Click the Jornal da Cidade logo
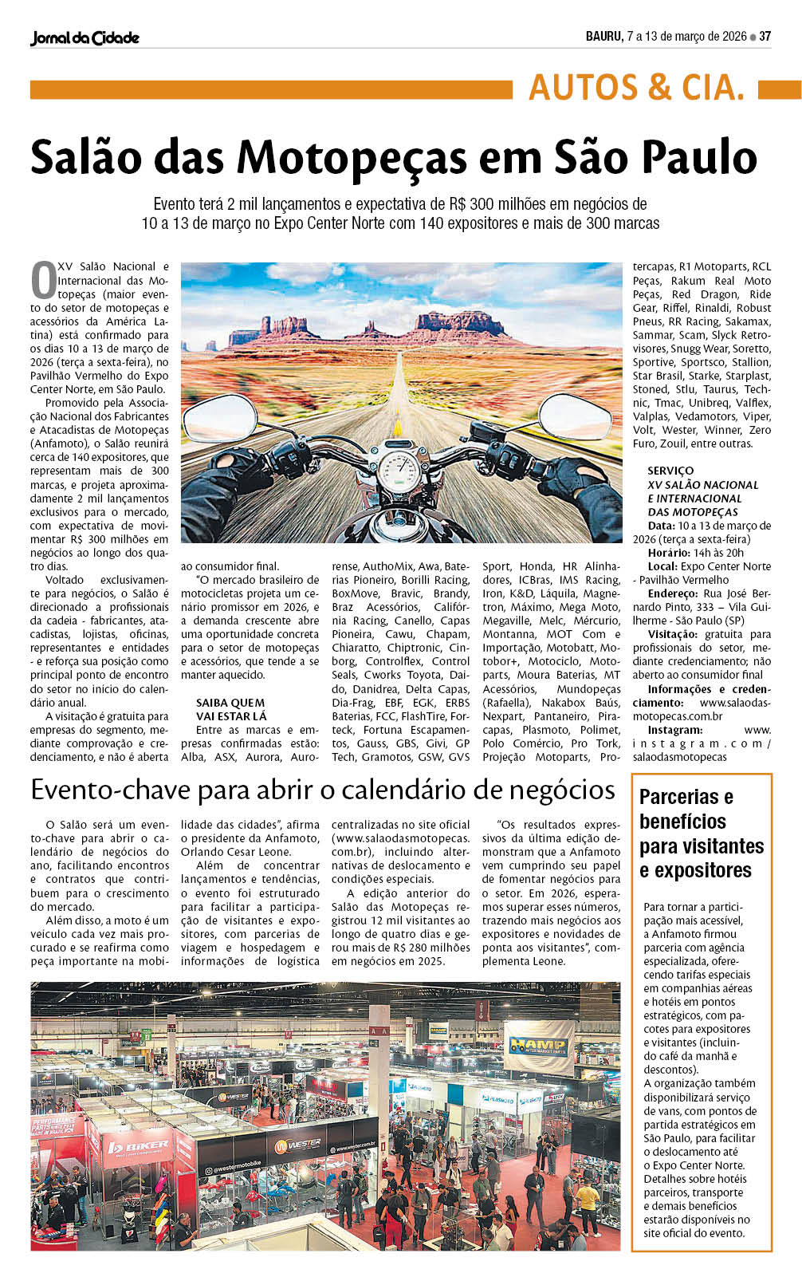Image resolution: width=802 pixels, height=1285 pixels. coord(85,37)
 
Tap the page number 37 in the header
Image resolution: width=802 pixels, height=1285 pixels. coord(765,36)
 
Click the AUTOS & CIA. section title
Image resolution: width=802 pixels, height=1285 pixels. coord(636,88)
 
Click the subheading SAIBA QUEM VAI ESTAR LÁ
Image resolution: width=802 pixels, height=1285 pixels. coord(231,709)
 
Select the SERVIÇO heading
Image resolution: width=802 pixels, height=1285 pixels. coord(670,471)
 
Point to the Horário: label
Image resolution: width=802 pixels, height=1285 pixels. coord(669,553)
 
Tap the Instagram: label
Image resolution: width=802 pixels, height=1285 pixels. coord(675,730)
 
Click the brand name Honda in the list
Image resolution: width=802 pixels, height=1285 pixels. coord(536,566)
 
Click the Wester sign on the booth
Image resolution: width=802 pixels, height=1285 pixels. coord(298,1145)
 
